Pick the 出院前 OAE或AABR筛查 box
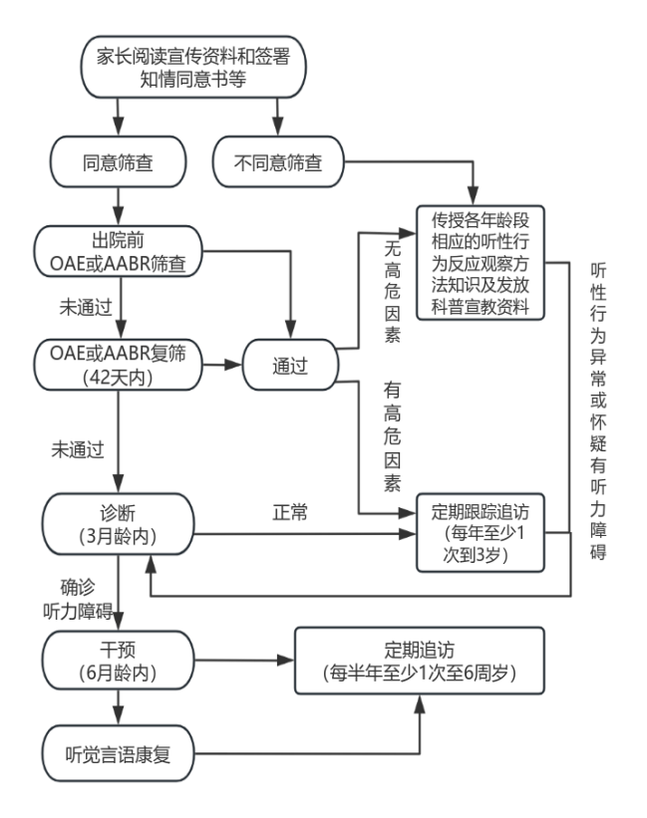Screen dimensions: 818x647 119,253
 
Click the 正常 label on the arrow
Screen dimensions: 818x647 290,514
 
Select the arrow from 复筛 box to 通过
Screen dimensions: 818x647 221,365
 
